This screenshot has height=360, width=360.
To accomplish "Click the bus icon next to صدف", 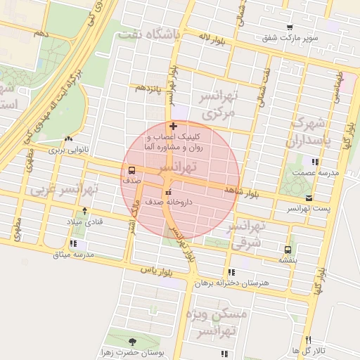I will pyautogui.click(x=131, y=171).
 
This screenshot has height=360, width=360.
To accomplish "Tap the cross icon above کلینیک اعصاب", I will pyautogui.click(x=174, y=126).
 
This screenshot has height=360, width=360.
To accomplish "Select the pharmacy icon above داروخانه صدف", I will pyautogui.click(x=167, y=192).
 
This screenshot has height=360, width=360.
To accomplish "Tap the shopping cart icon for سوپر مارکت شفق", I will pyautogui.click(x=290, y=27).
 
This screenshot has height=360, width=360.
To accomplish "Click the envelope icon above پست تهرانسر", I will pyautogui.click(x=309, y=198).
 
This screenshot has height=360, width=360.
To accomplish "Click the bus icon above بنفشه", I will pyautogui.click(x=288, y=250).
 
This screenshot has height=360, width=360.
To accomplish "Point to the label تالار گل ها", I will pyautogui.click(x=308, y=350).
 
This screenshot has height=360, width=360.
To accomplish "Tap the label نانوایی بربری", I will pyautogui.click(x=65, y=150).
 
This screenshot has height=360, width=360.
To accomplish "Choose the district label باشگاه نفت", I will pyautogui.click(x=149, y=33).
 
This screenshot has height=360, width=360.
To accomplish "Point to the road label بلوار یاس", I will pyautogui.click(x=157, y=269).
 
